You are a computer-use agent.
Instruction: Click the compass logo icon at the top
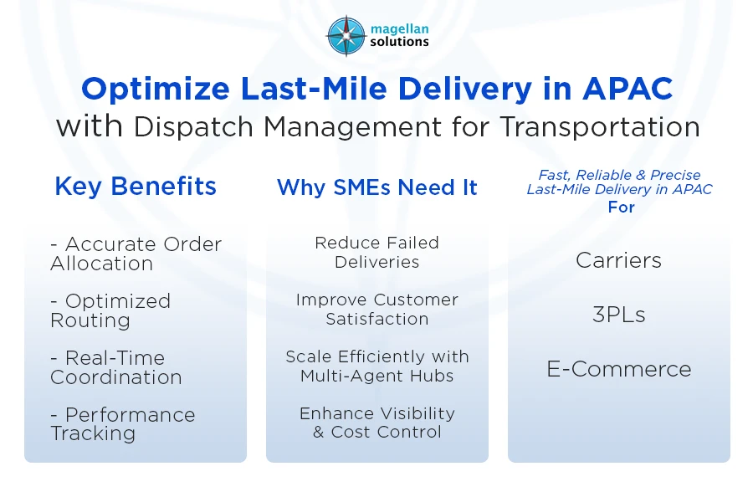click(346, 36)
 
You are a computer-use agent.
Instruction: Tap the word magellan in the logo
click(399, 29)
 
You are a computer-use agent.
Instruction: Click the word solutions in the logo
click(399, 42)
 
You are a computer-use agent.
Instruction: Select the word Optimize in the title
click(156, 90)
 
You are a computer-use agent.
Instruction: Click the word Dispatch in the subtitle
click(193, 127)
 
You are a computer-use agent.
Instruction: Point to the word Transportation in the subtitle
click(600, 127)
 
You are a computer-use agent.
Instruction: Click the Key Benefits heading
click(136, 187)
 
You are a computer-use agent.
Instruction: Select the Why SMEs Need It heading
click(377, 187)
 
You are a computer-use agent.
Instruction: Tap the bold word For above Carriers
click(621, 207)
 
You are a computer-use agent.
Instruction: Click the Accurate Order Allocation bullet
click(136, 254)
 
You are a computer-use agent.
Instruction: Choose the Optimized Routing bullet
click(110, 311)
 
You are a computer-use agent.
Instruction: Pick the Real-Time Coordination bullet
click(116, 367)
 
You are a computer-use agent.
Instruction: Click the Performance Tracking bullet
click(123, 423)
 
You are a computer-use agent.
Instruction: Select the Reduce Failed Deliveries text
click(377, 252)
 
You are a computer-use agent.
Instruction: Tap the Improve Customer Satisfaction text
click(377, 309)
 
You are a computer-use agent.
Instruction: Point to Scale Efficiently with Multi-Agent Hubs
click(377, 366)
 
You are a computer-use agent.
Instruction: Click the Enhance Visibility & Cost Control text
click(377, 423)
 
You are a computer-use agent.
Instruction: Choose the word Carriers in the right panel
click(618, 260)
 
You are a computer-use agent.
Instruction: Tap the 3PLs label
click(618, 315)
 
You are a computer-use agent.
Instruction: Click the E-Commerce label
click(619, 369)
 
